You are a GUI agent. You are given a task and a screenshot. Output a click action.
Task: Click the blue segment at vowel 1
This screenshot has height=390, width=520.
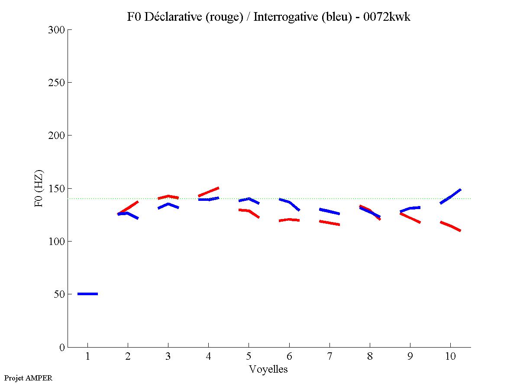(x=87, y=294)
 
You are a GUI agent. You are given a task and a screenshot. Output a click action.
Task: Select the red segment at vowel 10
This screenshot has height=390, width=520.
(x=450, y=226)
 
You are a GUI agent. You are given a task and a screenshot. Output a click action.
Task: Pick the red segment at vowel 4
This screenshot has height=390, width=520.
(x=209, y=192)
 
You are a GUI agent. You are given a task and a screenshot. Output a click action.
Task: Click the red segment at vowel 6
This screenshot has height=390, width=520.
(x=289, y=220)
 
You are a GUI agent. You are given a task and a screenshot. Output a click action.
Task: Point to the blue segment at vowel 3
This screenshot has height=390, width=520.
(x=168, y=205)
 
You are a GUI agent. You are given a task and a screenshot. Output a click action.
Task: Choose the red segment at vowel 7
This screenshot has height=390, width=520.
(x=329, y=222)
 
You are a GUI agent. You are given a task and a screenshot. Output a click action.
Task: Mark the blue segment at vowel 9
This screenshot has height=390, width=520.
(x=410, y=209)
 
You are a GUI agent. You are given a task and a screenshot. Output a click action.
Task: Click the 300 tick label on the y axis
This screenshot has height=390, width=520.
(x=57, y=30)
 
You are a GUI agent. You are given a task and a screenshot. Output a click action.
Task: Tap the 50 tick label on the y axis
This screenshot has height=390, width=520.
(x=59, y=294)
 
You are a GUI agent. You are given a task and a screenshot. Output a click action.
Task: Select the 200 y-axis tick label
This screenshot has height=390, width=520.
(x=57, y=135)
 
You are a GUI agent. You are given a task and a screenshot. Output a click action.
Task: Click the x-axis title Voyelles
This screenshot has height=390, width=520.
(x=268, y=369)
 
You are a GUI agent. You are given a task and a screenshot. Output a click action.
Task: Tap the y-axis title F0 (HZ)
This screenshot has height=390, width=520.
(x=39, y=188)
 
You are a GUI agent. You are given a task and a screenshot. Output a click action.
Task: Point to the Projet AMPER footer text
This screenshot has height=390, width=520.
(x=28, y=378)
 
